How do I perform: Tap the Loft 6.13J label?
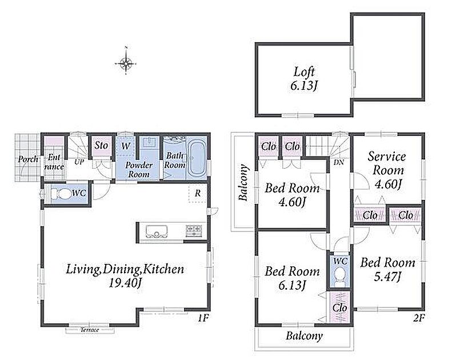click(304, 78)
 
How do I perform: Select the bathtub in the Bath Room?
click(197, 158)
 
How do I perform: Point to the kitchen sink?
click(157, 231)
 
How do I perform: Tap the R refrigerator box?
click(198, 193)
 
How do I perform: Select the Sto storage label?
click(101, 145)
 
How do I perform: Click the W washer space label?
click(126, 146)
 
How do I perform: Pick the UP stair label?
click(79, 162)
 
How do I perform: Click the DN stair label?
click(339, 163)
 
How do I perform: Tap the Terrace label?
click(90, 330)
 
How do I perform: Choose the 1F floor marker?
click(203, 318)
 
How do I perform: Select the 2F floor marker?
click(418, 318)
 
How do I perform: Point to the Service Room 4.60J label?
click(387, 170)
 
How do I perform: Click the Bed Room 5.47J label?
click(387, 270)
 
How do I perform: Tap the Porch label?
click(28, 159)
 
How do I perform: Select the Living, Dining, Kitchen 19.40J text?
click(125, 276)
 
